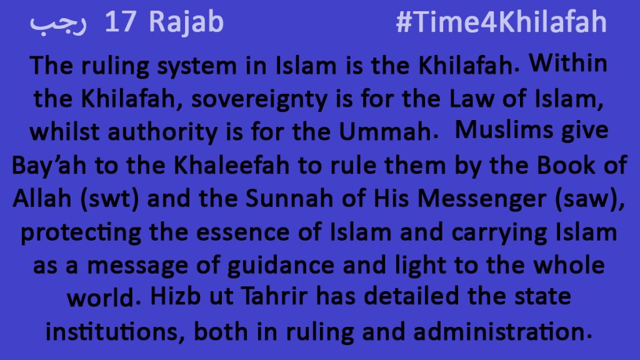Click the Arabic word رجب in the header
pyautogui.click(x=58, y=24)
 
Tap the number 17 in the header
pyautogui.click(x=120, y=22)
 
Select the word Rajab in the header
pyautogui.click(x=186, y=23)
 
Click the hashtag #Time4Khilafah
pyautogui.click(x=501, y=22)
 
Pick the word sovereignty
pyautogui.click(x=259, y=99)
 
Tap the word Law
pyautogui.click(x=471, y=98)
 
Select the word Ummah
pyautogui.click(x=385, y=131)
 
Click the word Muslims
pyautogui.click(x=504, y=130)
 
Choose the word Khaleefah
pyautogui.click(x=231, y=165)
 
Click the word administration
pyautogui.click(x=499, y=331)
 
